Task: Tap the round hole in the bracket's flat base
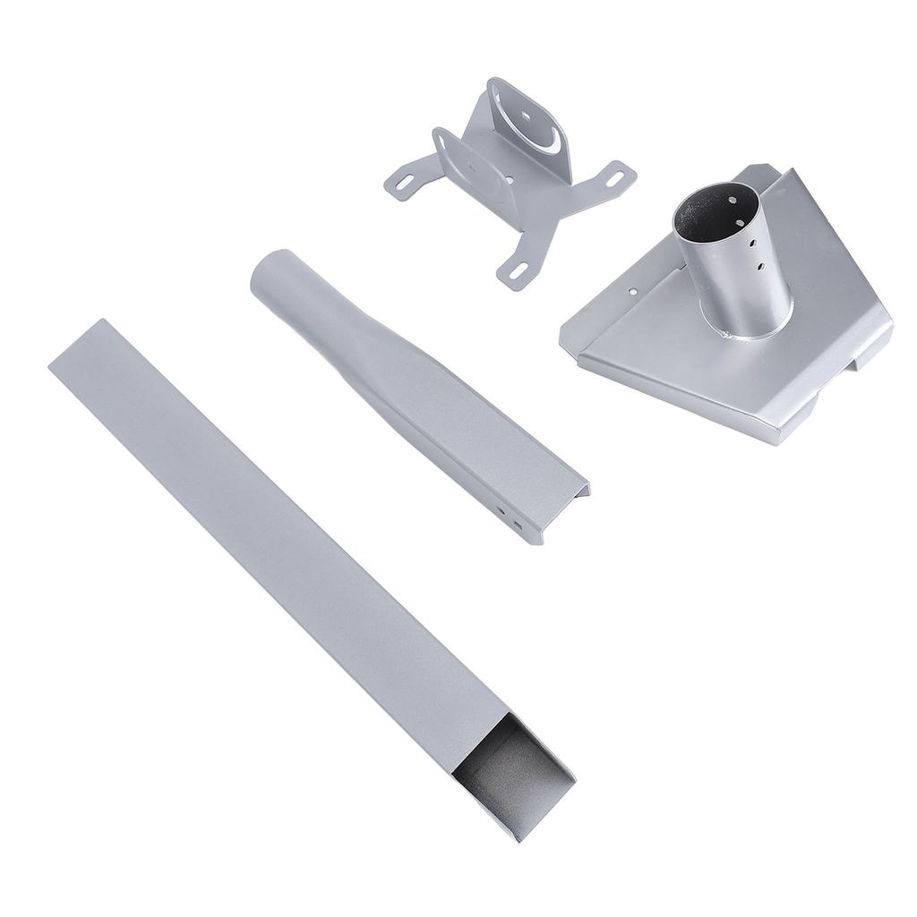click(x=510, y=179)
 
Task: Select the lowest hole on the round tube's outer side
click(x=759, y=267)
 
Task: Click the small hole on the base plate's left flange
click(x=633, y=291)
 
